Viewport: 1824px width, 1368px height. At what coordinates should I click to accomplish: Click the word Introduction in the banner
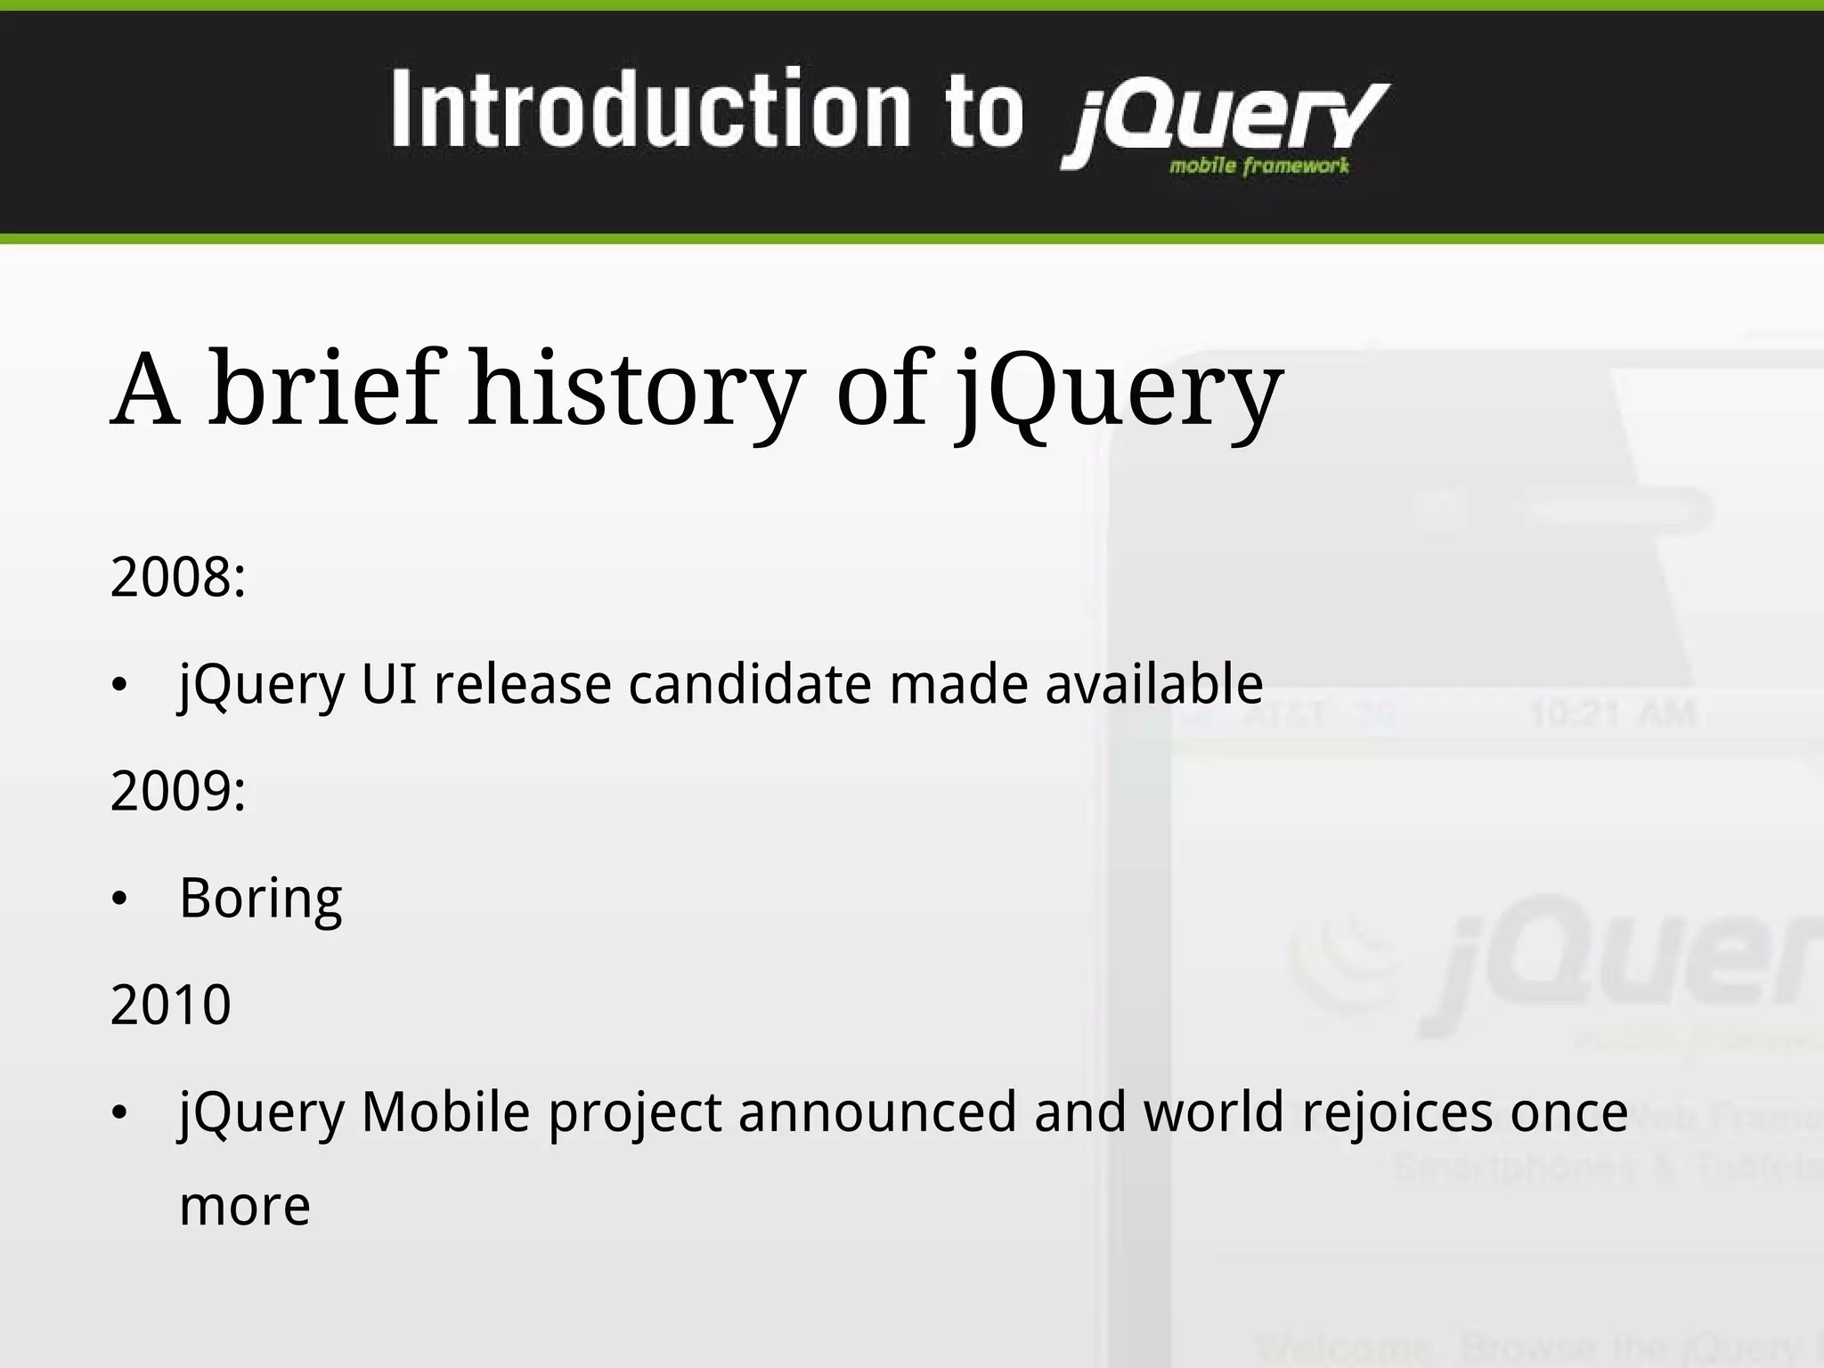tap(650, 110)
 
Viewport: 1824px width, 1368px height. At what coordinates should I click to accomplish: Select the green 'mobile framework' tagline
tap(1258, 166)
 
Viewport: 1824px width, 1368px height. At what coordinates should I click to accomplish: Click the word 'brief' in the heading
tap(325, 388)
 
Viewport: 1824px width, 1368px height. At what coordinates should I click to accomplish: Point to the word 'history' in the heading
tap(637, 388)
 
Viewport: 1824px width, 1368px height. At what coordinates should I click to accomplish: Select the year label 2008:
tap(177, 577)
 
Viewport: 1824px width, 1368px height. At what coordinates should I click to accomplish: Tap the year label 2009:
tap(177, 791)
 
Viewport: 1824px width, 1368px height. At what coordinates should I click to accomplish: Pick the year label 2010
tap(170, 1005)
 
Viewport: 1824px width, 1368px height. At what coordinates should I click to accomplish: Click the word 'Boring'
tap(260, 898)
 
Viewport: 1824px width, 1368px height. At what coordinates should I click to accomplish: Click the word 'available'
tap(1153, 684)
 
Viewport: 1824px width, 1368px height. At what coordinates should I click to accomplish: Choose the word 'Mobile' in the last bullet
tap(445, 1111)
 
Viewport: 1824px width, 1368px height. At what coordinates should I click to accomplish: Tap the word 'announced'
tap(877, 1111)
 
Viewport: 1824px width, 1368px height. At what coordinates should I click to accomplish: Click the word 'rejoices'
tap(1396, 1111)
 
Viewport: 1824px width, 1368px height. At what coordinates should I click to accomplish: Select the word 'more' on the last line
tap(245, 1207)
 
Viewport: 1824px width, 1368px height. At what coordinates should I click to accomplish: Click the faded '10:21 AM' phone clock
tap(1612, 714)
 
